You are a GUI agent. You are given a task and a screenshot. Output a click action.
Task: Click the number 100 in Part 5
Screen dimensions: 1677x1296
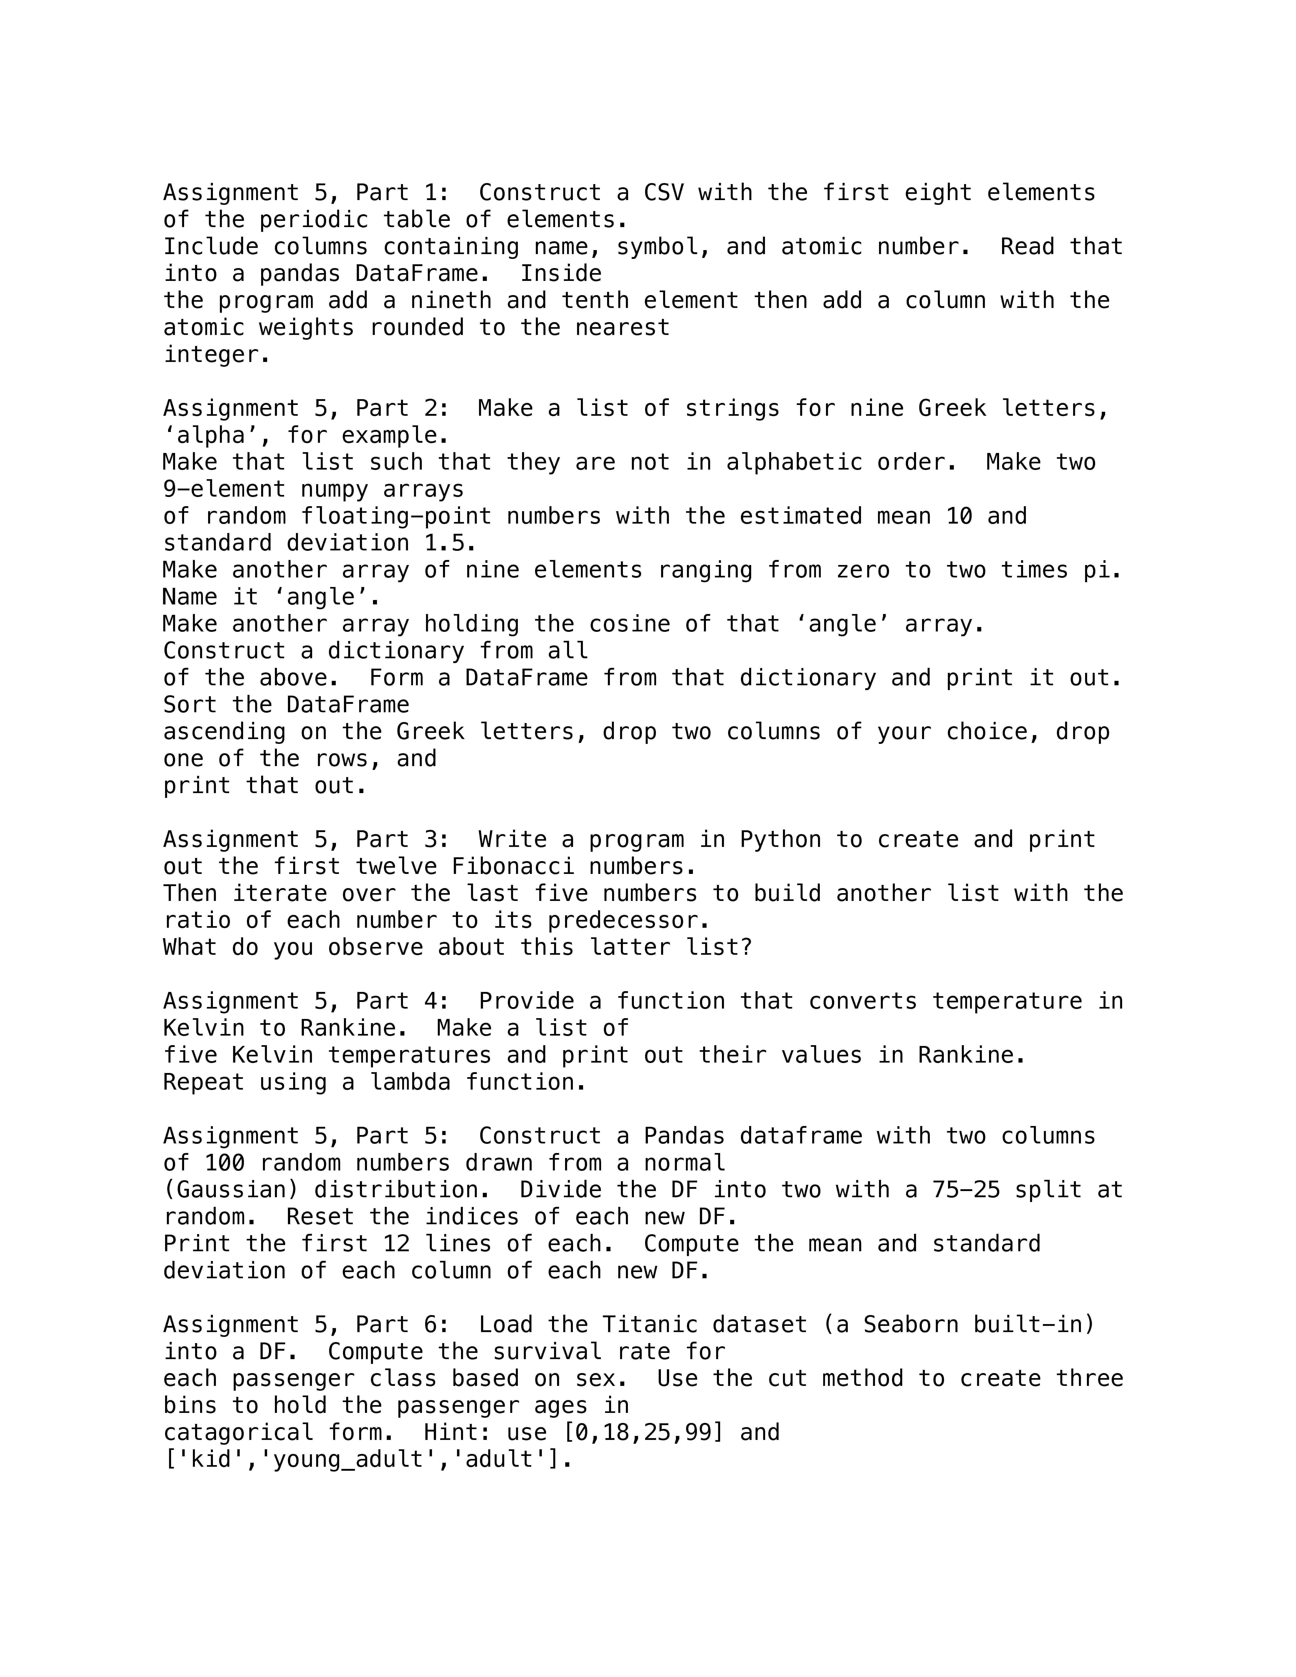(225, 1163)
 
